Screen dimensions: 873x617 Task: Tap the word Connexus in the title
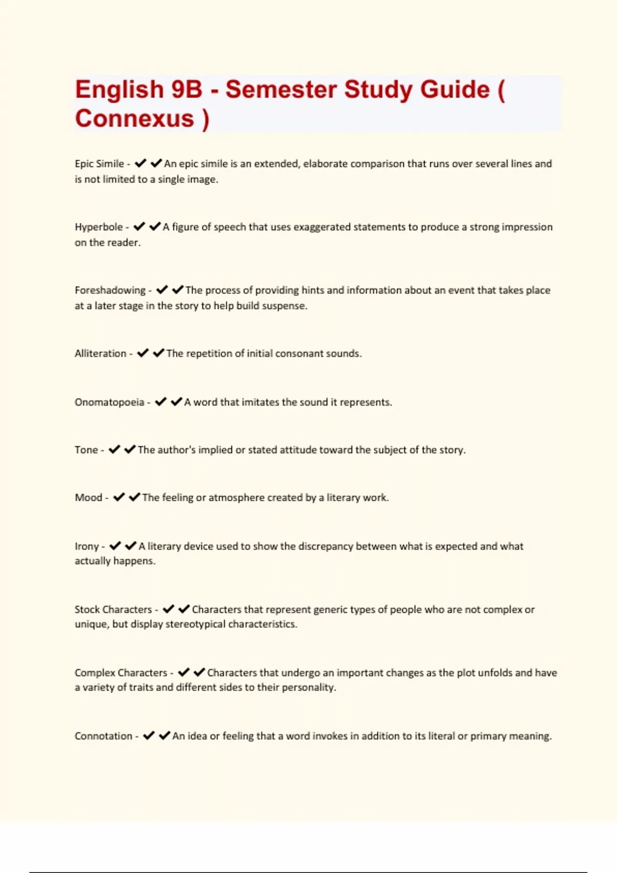point(135,118)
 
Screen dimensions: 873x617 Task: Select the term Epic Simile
point(99,164)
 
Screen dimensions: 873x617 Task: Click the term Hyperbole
point(99,227)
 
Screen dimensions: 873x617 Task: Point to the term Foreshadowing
point(110,290)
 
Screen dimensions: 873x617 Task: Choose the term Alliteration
point(100,353)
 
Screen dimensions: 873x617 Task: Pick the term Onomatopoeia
point(110,402)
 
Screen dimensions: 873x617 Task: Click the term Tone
point(86,450)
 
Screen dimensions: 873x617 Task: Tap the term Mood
point(88,498)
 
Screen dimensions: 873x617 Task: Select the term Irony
point(86,546)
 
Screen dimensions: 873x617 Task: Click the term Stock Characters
point(113,610)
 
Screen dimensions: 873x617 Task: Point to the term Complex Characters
point(121,673)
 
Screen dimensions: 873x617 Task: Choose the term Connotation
point(103,736)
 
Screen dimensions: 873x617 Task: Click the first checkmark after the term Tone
point(114,449)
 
